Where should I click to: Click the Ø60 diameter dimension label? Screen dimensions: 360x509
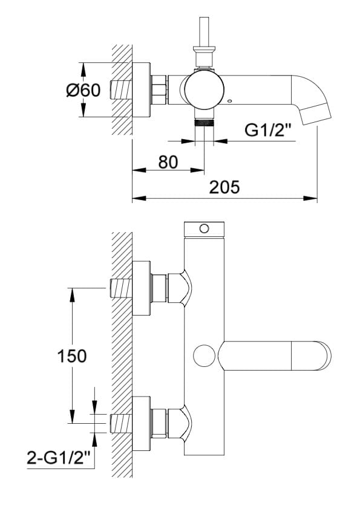point(83,90)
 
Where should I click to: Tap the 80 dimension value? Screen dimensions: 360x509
point(168,161)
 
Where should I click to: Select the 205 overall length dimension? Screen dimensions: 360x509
point(224,187)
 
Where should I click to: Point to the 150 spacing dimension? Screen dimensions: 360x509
point(72,356)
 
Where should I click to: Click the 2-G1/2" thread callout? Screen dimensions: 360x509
point(58,458)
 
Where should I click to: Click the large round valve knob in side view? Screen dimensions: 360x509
point(204,89)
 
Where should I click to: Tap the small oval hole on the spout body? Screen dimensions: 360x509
point(231,101)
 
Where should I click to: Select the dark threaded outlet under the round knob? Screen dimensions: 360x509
point(204,122)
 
